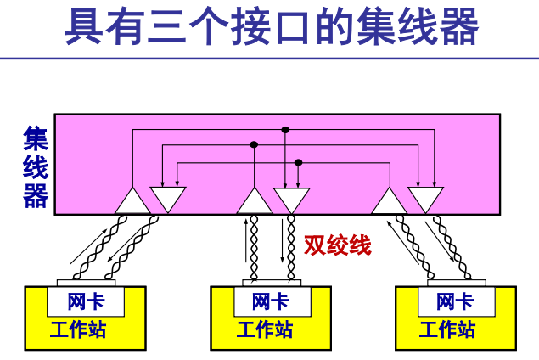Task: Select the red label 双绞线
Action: point(338,246)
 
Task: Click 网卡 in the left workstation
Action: point(86,301)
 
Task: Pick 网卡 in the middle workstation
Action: point(270,301)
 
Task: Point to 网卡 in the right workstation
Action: point(455,301)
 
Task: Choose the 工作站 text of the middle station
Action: point(265,329)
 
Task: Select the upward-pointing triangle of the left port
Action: point(132,202)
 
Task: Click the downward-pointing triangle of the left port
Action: point(167,198)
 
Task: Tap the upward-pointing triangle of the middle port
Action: point(255,202)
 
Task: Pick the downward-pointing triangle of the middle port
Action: point(291,198)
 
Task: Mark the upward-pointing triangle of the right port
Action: point(390,202)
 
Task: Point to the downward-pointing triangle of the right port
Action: point(425,198)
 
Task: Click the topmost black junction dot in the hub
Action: point(285,130)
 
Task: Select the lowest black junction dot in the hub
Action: point(298,161)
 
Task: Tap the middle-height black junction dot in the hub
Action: point(254,145)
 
